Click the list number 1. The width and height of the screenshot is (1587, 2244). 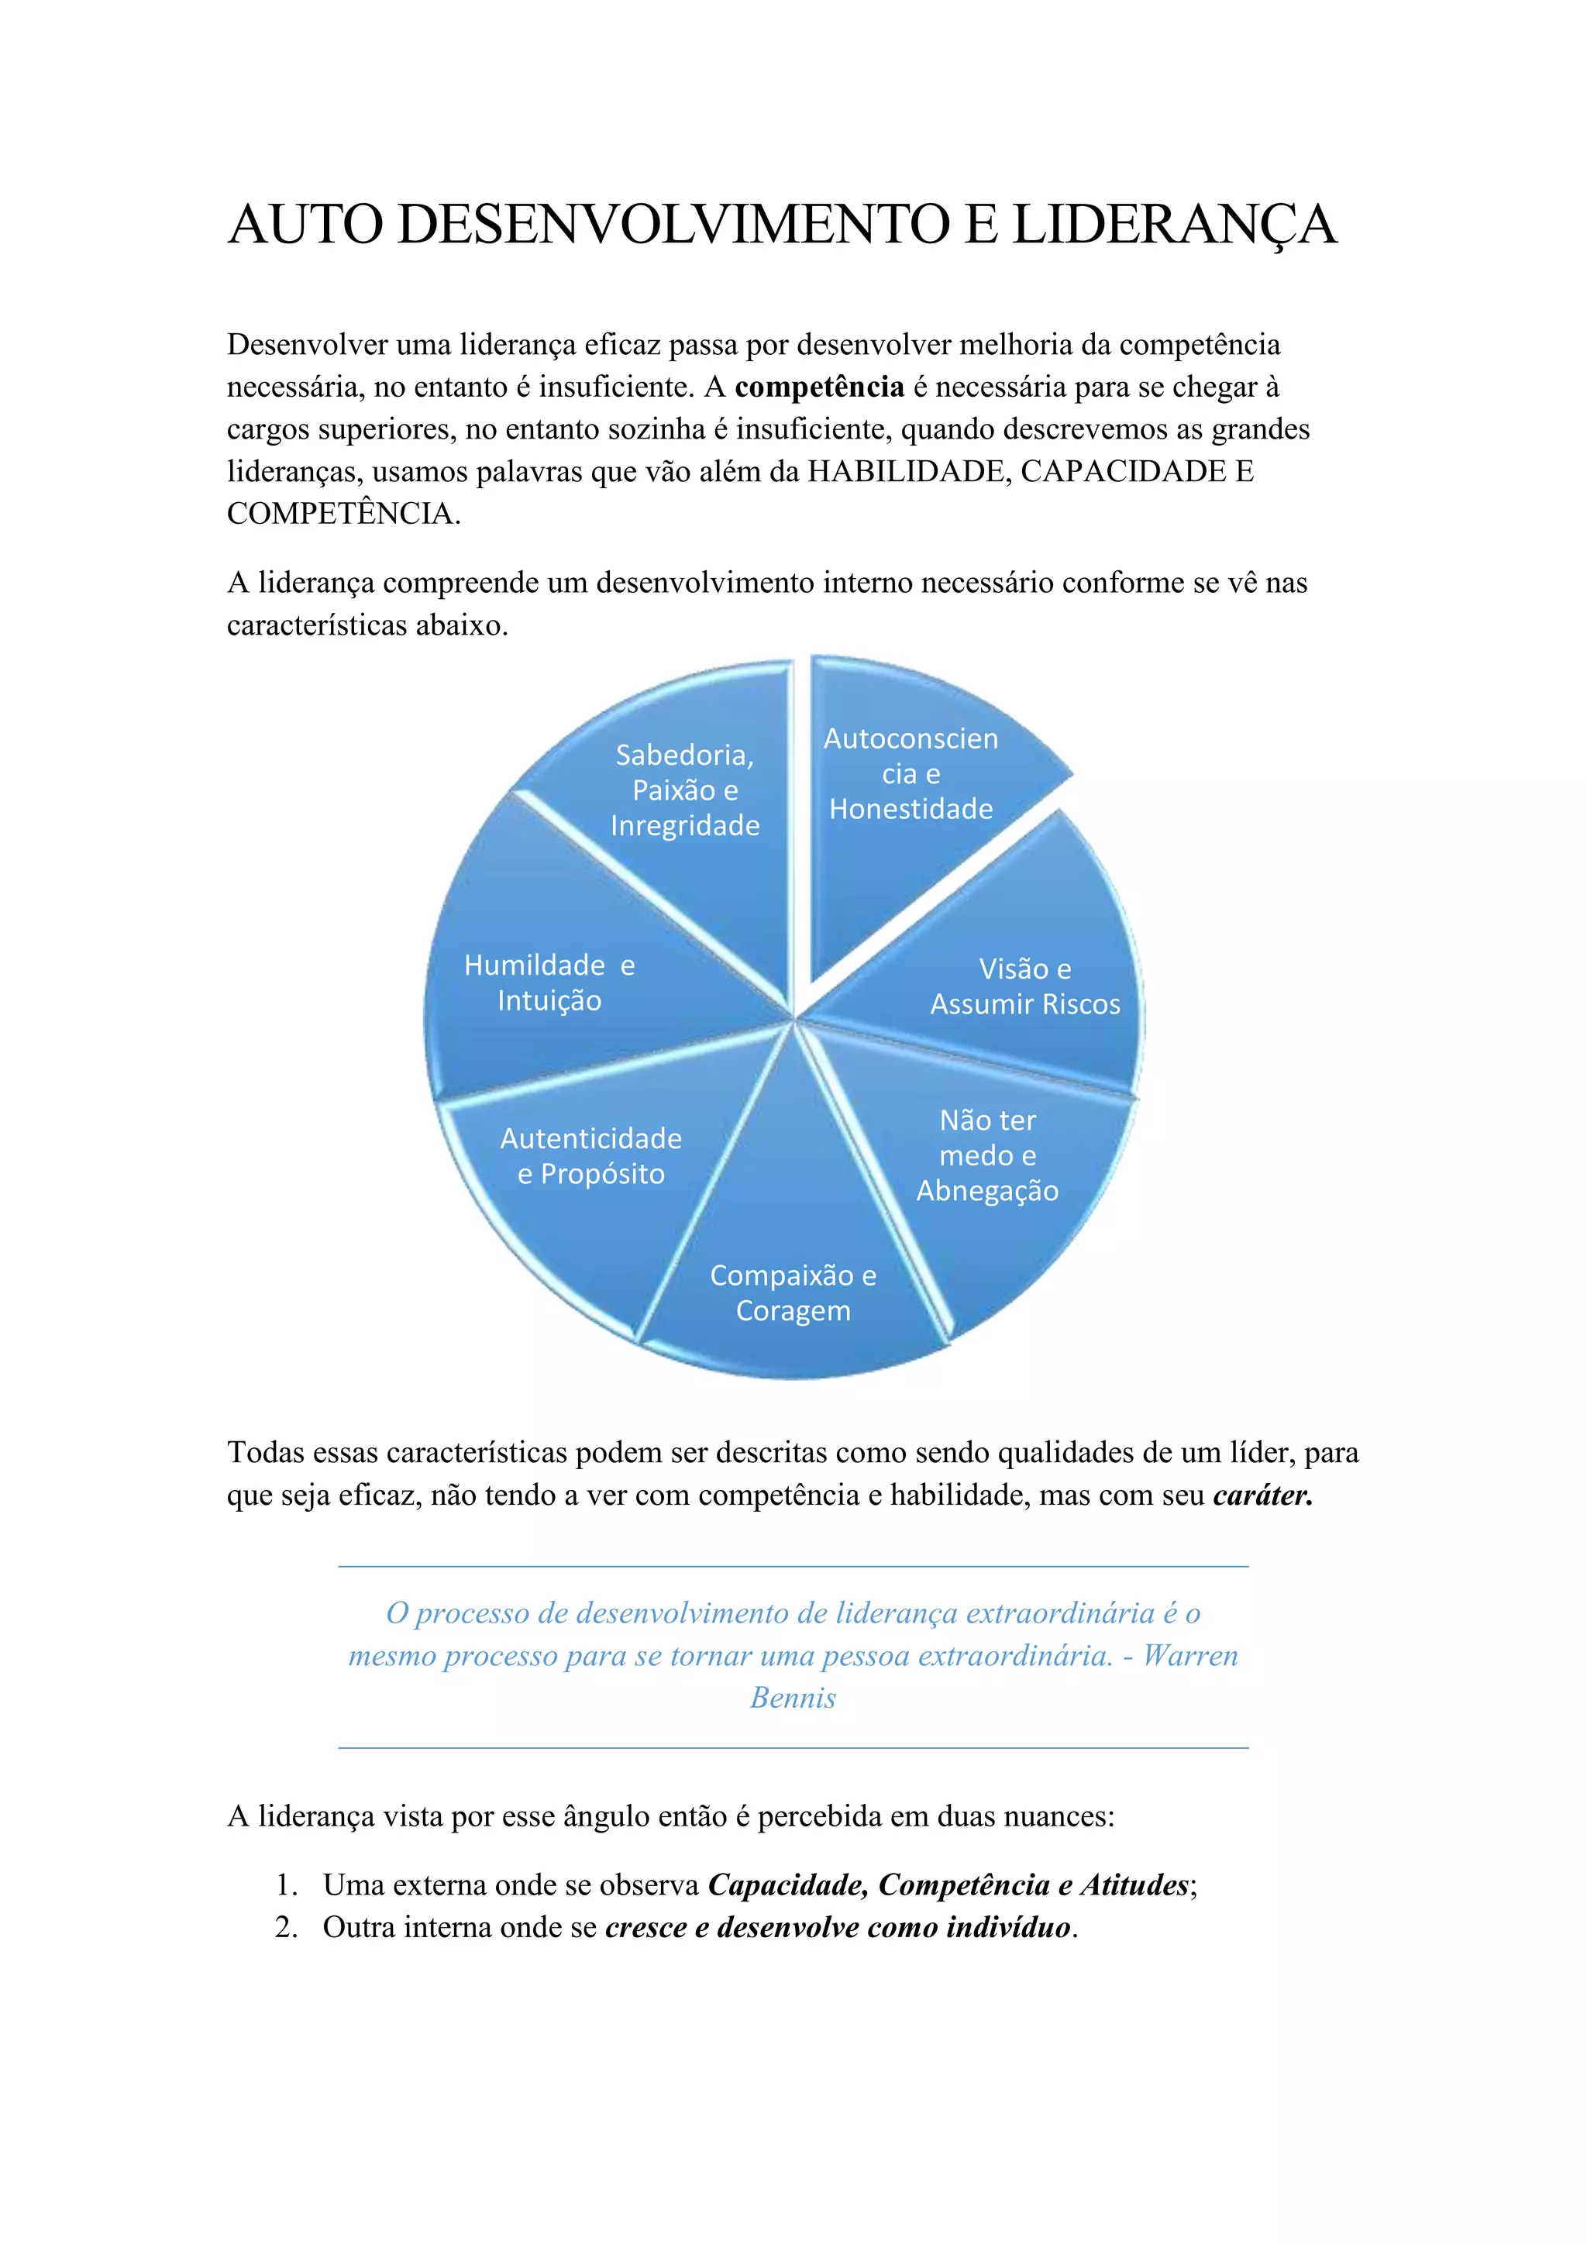click(285, 1884)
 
